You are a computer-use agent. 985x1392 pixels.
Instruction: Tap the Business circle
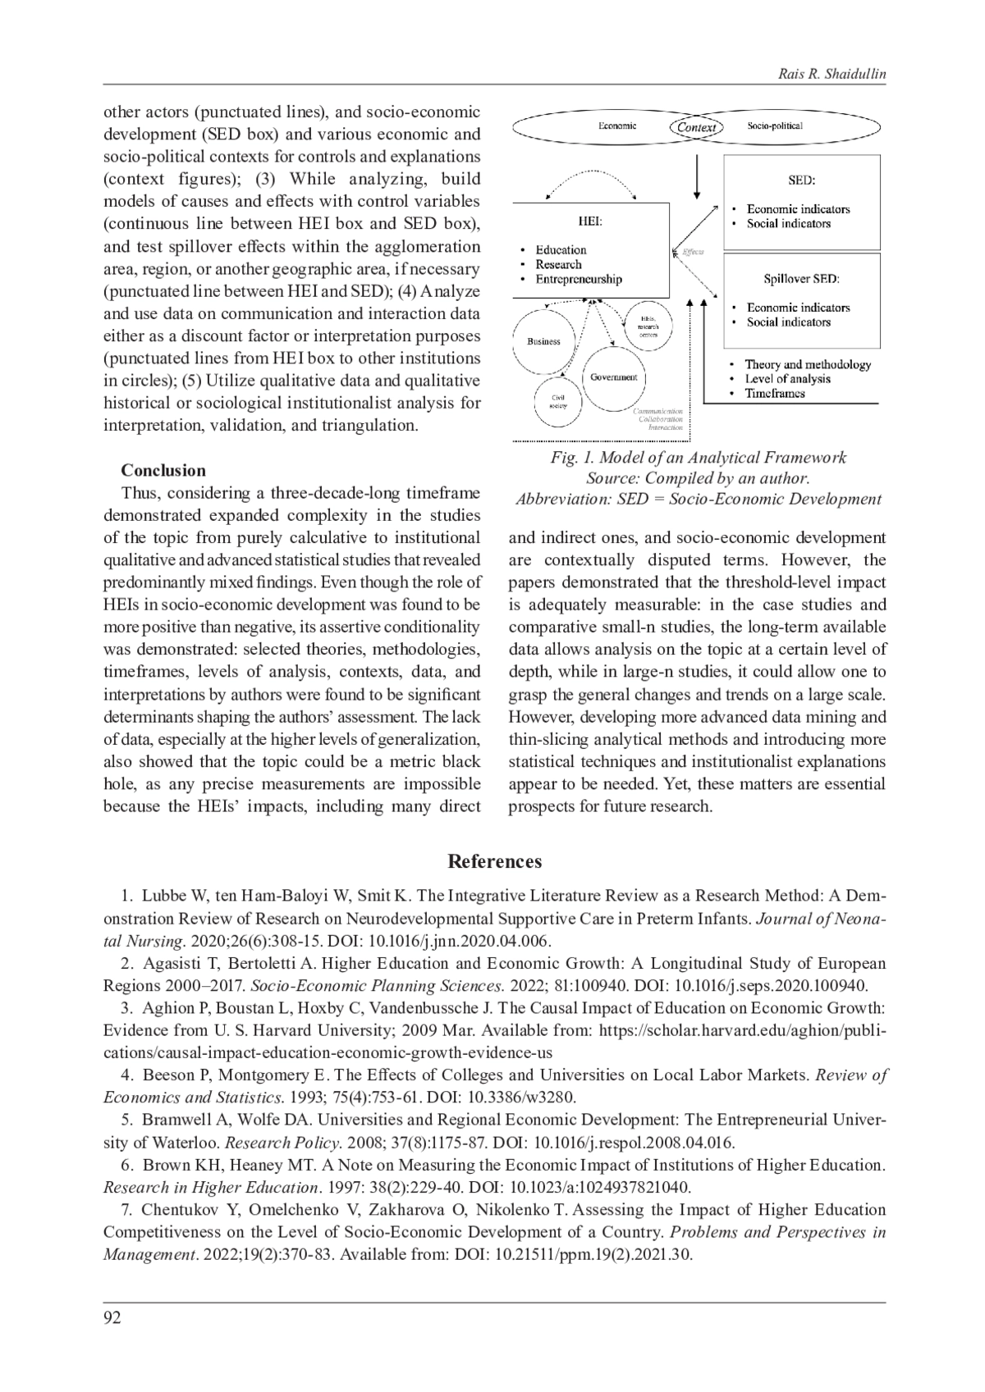pos(543,340)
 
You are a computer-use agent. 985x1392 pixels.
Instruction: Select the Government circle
pos(614,377)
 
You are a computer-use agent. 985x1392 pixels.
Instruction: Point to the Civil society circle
pos(557,402)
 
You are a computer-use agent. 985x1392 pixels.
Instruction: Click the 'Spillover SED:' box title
pos(801,279)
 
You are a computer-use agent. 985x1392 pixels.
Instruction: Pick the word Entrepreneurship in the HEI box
pos(579,279)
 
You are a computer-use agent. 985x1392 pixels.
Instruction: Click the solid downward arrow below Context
pos(697,177)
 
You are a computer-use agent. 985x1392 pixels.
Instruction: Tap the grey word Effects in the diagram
pos(692,252)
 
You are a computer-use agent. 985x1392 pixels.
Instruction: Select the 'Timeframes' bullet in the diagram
pos(774,393)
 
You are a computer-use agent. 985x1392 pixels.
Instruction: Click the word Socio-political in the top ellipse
pos(775,126)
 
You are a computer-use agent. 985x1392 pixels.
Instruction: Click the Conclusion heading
pos(163,470)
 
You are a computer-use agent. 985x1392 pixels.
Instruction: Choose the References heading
pos(494,861)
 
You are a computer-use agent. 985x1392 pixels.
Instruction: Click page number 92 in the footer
pos(112,1317)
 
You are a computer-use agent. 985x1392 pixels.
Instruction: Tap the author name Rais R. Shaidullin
pos(832,75)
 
